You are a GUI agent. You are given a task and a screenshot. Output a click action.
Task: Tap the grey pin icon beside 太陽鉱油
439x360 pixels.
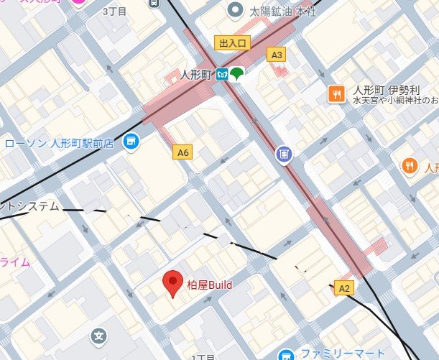(235, 10)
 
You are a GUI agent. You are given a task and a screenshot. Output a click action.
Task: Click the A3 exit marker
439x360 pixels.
(276, 54)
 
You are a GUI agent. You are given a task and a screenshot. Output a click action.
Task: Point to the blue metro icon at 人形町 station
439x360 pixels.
(223, 73)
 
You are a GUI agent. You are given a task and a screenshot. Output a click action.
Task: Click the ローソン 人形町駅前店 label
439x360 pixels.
(60, 143)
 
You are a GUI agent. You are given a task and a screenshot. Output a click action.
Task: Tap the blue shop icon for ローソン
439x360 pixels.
(130, 142)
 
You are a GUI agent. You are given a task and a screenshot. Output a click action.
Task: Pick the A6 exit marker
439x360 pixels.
(183, 152)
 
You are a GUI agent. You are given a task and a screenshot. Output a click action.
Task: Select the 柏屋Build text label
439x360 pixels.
(210, 285)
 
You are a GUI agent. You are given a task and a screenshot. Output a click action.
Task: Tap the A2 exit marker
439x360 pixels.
(344, 288)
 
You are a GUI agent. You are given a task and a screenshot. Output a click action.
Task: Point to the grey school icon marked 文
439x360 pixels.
(99, 336)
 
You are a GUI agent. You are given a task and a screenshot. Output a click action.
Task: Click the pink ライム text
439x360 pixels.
(14, 262)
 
